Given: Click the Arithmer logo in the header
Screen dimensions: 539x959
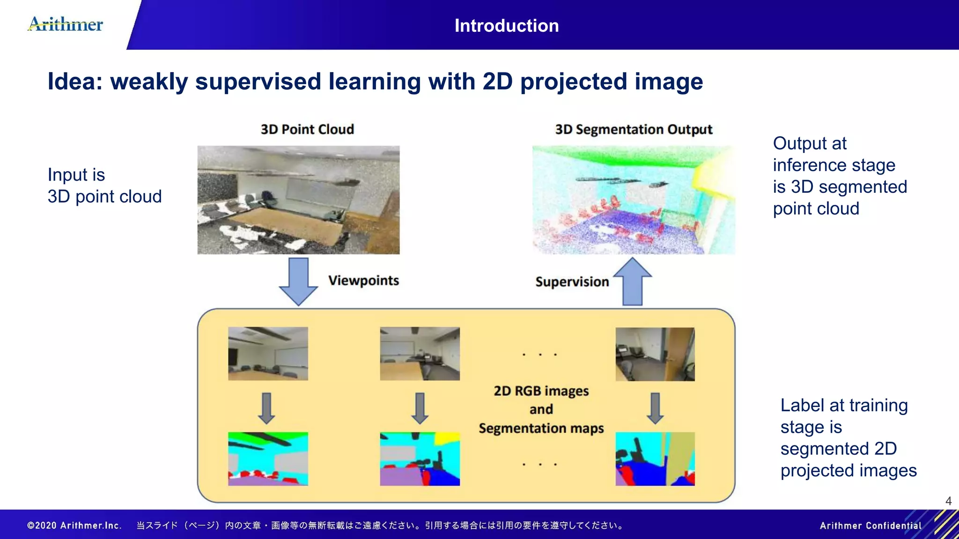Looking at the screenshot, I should click(66, 24).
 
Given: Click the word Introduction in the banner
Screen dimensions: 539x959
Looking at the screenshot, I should click(507, 26).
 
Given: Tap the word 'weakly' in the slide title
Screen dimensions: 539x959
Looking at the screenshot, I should click(148, 81).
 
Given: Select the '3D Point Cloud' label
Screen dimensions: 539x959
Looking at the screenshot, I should click(307, 129).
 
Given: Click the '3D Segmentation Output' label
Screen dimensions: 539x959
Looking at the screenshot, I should click(633, 129).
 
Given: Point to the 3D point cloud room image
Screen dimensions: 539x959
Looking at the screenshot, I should click(298, 200).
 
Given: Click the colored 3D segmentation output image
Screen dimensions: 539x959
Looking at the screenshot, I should click(633, 200).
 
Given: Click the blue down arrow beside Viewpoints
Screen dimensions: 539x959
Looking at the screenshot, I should click(298, 281).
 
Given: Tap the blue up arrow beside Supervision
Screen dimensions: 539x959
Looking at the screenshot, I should click(633, 282).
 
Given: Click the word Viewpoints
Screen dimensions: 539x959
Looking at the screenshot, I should click(363, 280).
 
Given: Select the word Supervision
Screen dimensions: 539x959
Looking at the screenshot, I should click(572, 282).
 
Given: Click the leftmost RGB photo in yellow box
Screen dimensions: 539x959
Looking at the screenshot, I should click(268, 353).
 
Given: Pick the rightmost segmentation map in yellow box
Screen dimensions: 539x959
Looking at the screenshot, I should click(655, 459).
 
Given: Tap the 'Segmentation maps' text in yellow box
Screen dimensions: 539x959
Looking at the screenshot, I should click(541, 428).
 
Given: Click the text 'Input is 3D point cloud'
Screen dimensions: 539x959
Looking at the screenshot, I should click(104, 186).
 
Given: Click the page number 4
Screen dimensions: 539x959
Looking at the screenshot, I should click(948, 501).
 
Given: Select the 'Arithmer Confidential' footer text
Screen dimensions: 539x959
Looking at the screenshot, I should click(870, 525).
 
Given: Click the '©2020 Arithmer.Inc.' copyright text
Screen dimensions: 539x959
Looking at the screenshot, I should click(74, 525).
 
